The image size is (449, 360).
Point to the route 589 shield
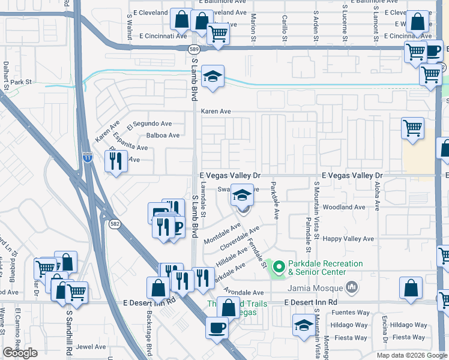coord(193,49)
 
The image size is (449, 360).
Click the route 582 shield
coord(114,223)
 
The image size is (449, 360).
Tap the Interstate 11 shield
coord(88,156)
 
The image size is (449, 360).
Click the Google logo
coord(20,353)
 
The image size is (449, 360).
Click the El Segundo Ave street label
coord(149,124)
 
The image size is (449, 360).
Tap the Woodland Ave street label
coord(343,207)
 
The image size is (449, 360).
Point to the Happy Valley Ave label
coord(348,239)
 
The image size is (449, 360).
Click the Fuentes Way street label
coord(348,313)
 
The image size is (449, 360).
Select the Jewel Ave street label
coord(90,346)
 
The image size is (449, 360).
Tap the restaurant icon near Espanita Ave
coord(115,161)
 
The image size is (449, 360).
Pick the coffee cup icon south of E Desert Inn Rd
coord(217,328)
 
